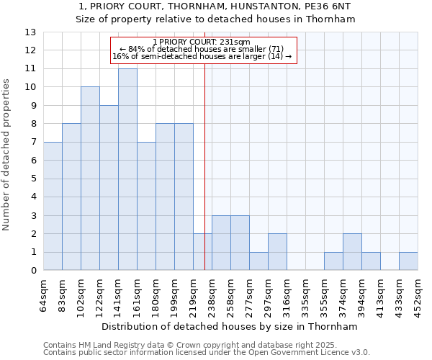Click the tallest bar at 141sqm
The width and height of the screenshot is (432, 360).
tap(127, 169)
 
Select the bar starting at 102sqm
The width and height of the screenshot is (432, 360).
tap(90, 179)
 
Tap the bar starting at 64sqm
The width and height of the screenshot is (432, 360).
tap(53, 206)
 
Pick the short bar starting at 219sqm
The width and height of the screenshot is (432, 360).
tap(202, 252)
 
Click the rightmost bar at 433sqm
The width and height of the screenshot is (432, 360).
tap(408, 261)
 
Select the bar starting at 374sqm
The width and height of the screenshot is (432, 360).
tap(352, 252)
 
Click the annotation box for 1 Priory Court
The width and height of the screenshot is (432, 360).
tap(202, 49)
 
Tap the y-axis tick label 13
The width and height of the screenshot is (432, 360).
tap(30, 32)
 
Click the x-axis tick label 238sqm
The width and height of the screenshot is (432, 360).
tap(212, 294)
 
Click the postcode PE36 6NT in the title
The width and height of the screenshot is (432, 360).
tap(330, 6)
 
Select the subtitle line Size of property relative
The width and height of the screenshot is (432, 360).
tap(215, 19)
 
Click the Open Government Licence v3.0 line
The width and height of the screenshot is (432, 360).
tap(207, 353)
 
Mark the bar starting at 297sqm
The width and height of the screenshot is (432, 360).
tap(277, 252)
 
